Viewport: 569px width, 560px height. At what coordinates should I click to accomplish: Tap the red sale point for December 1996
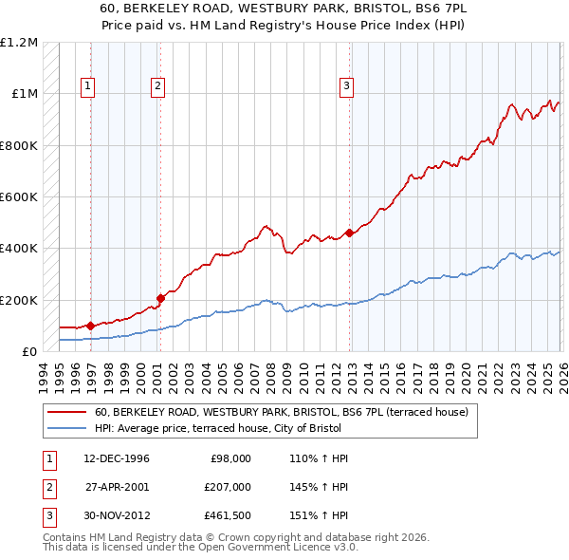90,326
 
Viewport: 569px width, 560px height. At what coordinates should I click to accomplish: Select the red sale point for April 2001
160,298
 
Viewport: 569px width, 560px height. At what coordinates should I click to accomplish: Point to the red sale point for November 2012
350,233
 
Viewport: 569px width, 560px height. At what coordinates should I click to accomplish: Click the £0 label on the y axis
28,351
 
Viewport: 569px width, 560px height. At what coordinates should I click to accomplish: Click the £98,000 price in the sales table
229,458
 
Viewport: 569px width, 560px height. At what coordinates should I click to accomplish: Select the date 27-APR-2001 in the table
117,487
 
